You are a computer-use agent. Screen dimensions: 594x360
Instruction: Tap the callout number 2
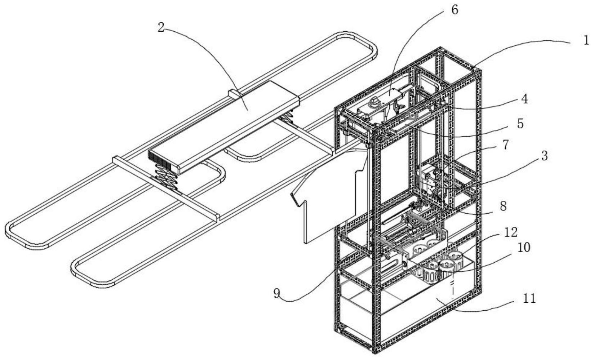[x=161, y=28]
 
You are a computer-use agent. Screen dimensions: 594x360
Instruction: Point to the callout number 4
[x=524, y=99]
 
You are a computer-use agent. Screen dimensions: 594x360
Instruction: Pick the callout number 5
[x=520, y=124]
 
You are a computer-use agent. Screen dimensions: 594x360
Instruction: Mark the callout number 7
[x=505, y=145]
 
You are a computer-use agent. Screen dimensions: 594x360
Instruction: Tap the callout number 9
[x=276, y=293]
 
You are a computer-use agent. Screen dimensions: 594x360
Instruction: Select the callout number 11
[x=528, y=299]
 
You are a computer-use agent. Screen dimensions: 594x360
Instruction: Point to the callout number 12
[x=510, y=232]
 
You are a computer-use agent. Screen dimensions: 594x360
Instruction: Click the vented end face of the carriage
[x=163, y=162]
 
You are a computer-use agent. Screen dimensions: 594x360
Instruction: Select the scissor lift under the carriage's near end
[x=164, y=180]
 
